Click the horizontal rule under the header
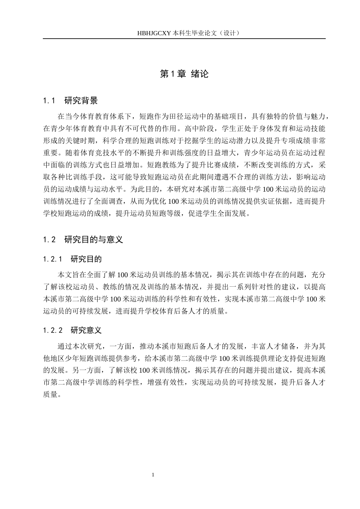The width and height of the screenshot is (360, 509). pyautogui.click(x=184, y=39)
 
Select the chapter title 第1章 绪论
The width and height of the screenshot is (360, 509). pyautogui.click(x=184, y=74)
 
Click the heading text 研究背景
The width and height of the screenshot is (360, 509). pyautogui.click(x=81, y=101)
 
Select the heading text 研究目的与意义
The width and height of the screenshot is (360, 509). pyautogui.click(x=94, y=240)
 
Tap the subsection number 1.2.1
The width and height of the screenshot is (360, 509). pyautogui.click(x=52, y=259)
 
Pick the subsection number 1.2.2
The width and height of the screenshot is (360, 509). pyautogui.click(x=52, y=330)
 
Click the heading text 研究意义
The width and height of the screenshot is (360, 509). pyautogui.click(x=86, y=330)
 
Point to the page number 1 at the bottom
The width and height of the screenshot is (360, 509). pyautogui.click(x=153, y=475)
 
